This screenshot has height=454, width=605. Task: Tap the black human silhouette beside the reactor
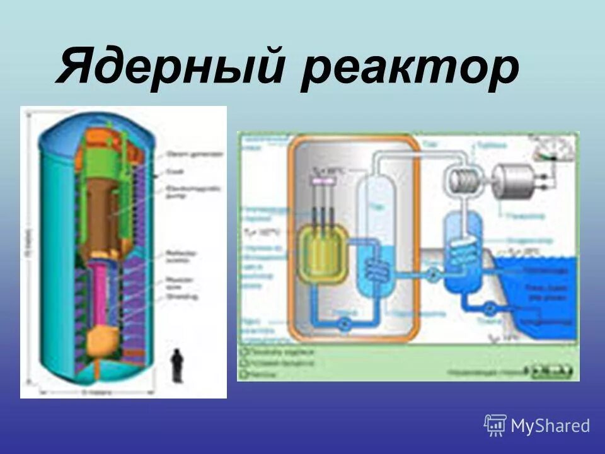(x=178, y=366)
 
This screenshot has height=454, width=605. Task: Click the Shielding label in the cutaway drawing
(x=183, y=291)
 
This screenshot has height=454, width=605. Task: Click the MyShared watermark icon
(x=495, y=426)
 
